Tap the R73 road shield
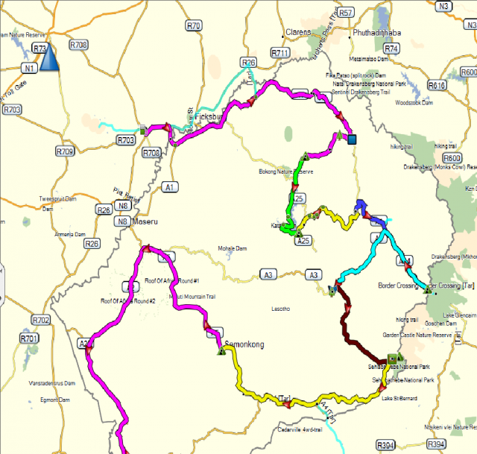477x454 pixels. [40, 48]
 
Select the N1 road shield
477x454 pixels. [30, 69]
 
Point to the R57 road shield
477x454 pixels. [345, 13]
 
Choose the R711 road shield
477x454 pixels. [280, 53]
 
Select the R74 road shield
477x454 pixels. [392, 48]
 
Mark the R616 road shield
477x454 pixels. [437, 86]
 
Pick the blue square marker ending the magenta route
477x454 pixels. [352, 139]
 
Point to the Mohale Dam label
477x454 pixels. [231, 248]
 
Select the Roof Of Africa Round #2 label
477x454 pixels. [127, 300]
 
